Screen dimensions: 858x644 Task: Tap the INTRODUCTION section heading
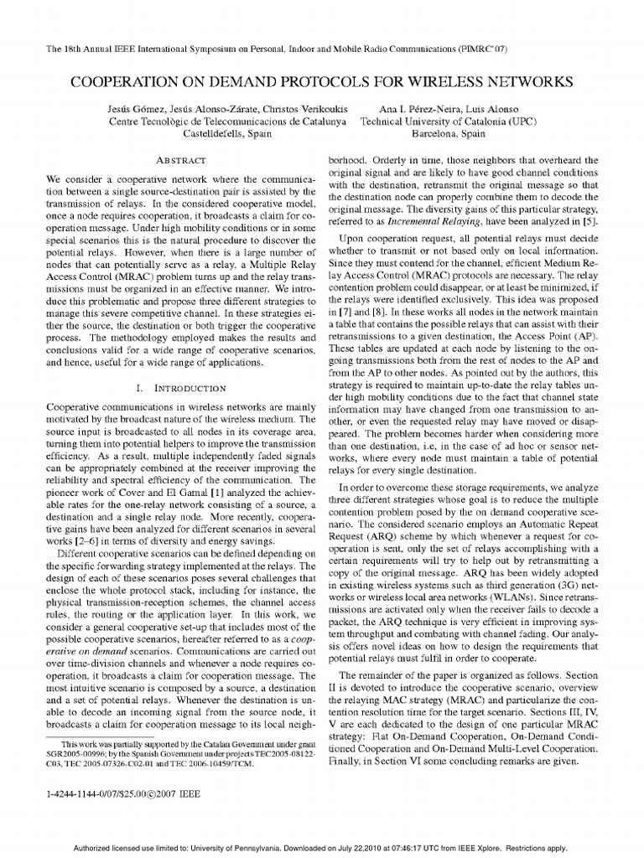182,388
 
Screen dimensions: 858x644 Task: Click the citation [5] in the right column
592,221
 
